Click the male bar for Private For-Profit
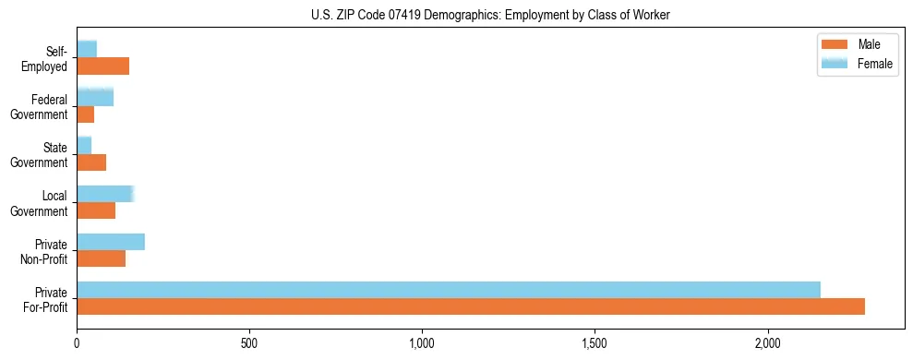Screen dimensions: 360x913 471,306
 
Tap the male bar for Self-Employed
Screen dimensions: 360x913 102,66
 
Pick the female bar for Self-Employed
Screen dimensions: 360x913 87,49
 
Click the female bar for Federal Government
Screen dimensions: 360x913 95,97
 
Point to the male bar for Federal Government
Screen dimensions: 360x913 86,114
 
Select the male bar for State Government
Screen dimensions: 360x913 91,162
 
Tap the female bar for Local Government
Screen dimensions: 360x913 105,194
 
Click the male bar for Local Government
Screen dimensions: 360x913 96,210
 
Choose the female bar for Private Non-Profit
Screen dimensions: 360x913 111,242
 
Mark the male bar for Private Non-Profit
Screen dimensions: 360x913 102,258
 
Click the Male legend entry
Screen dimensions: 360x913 869,44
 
